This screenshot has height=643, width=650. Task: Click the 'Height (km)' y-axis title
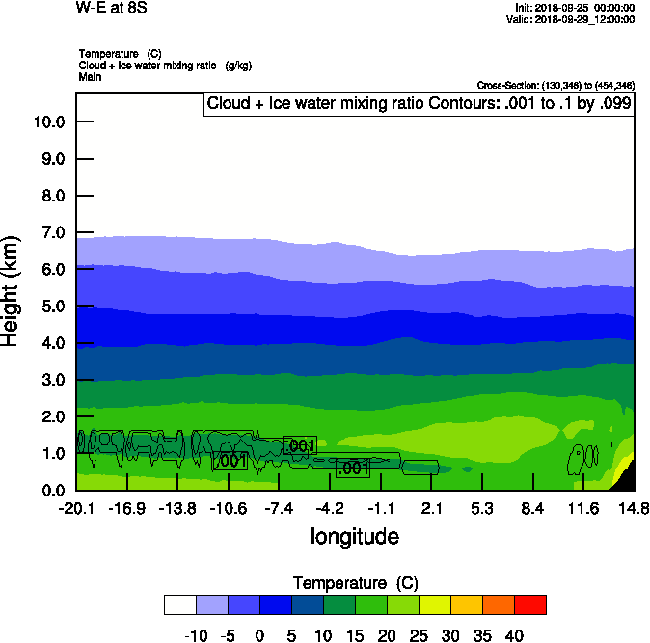point(12,290)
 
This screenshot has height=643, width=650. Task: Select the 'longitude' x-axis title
point(354,536)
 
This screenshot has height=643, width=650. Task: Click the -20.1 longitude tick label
point(76,508)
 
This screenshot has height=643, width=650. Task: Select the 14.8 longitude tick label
point(633,508)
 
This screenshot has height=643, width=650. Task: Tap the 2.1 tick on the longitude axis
point(431,508)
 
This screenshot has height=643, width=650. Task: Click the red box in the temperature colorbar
point(529,604)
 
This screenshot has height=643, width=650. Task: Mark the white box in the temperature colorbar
point(180,604)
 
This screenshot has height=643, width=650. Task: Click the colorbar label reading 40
point(513,635)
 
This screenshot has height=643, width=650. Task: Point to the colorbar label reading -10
point(196,635)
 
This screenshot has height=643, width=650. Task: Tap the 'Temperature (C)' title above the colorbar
point(355,583)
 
